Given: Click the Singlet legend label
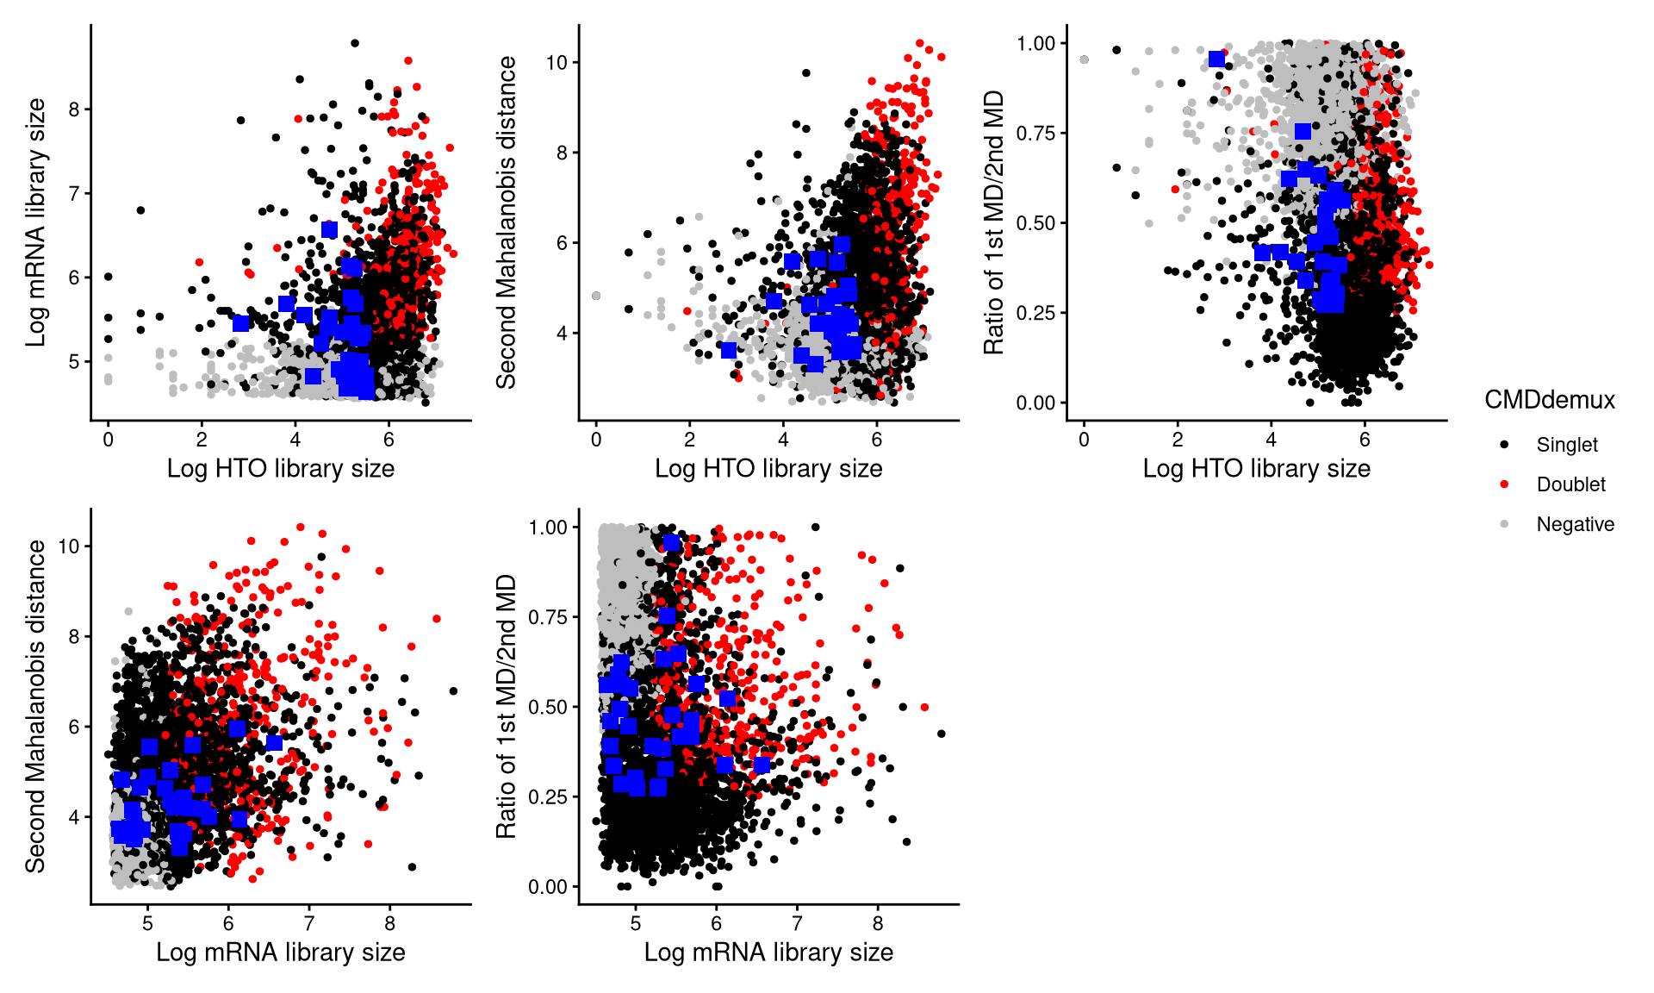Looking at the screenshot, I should click(x=1566, y=445).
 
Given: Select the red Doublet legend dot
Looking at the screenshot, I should click(x=1504, y=484).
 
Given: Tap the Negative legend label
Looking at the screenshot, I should click(x=1575, y=524).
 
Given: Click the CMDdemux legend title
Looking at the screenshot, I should click(x=1549, y=400).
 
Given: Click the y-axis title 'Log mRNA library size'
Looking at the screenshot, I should click(x=36, y=222).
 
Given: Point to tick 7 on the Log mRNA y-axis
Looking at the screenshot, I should click(x=75, y=193).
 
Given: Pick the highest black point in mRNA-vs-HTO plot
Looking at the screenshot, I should click(x=354, y=43).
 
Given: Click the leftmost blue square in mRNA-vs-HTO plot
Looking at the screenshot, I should click(x=241, y=323).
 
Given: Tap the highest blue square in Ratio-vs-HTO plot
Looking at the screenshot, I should click(x=1216, y=59).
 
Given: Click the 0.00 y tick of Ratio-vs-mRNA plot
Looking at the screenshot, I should click(x=548, y=887).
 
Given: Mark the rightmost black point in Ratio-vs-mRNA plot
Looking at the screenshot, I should click(x=941, y=734).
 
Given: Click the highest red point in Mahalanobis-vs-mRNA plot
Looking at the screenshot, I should click(x=301, y=528).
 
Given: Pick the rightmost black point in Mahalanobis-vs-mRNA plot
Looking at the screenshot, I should click(x=453, y=691).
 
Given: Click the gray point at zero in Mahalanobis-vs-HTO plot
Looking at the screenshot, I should click(x=596, y=296).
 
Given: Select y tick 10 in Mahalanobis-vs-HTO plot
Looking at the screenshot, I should click(x=557, y=63).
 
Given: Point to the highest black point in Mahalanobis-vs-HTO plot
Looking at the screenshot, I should click(x=806, y=73).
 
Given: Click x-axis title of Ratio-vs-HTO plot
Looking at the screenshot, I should click(x=1256, y=469).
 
